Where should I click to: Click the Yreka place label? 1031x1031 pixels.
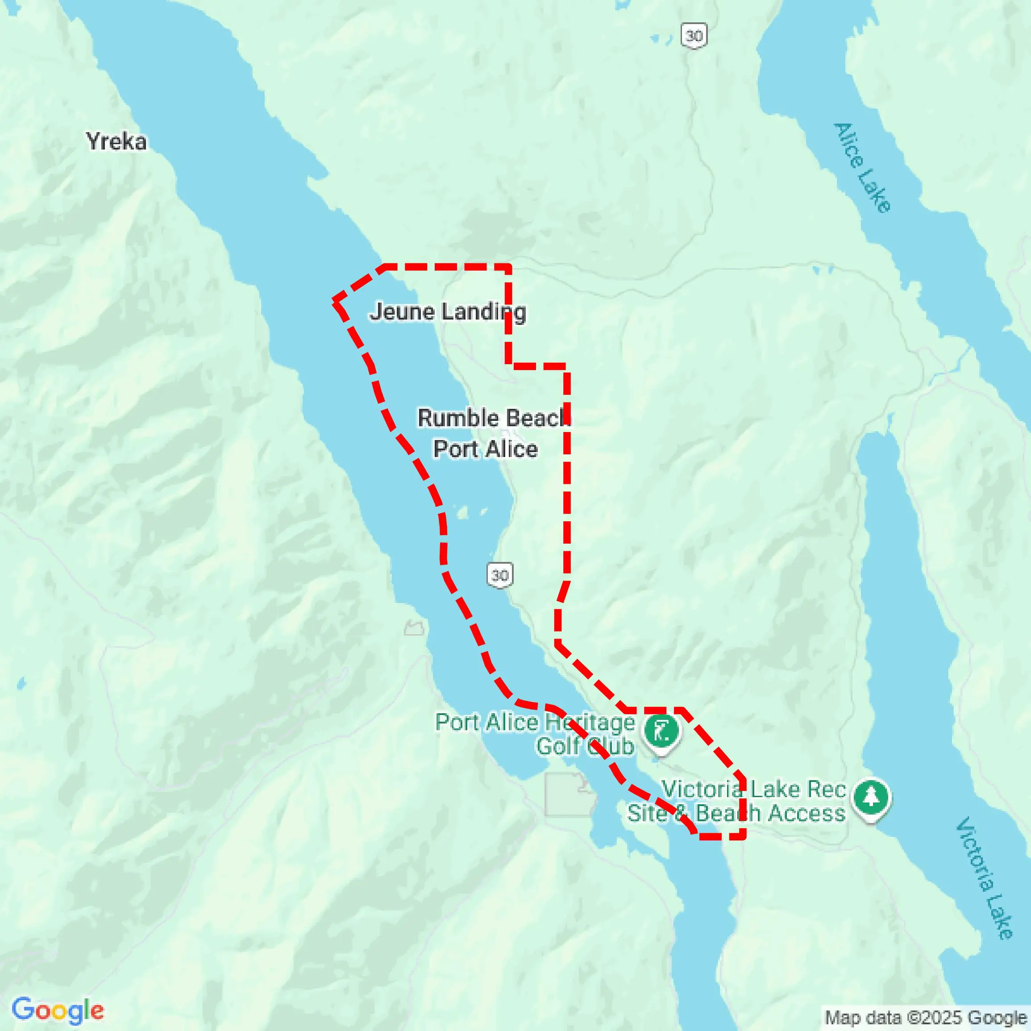click(x=116, y=142)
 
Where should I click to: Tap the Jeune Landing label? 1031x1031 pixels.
click(x=448, y=312)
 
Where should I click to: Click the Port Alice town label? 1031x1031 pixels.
click(x=485, y=449)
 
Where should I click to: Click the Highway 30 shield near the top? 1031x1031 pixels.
click(x=694, y=36)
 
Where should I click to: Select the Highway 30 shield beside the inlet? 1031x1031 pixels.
click(x=500, y=575)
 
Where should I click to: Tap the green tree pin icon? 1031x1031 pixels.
click(x=871, y=798)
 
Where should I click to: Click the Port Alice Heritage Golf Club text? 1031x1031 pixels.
click(x=535, y=734)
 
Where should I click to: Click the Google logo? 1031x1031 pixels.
click(x=58, y=1010)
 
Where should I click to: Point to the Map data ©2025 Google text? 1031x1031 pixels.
click(x=925, y=1018)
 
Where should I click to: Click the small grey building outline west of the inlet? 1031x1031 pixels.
click(x=414, y=628)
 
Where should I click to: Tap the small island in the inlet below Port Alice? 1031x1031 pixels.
click(x=463, y=513)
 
